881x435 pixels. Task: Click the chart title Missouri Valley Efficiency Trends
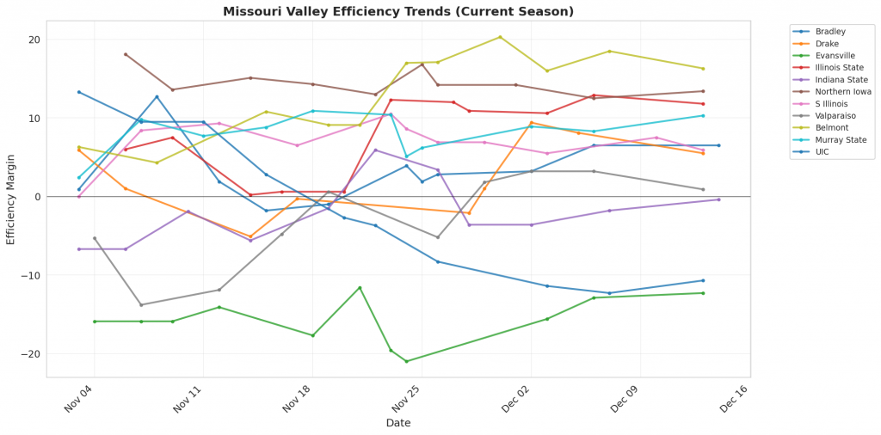[398, 11]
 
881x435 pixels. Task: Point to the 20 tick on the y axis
[34, 40]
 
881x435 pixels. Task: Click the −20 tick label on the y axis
[31, 354]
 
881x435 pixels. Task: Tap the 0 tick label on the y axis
[37, 197]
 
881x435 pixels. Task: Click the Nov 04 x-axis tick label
[80, 400]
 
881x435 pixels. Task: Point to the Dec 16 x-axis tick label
[735, 400]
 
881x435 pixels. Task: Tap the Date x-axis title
[398, 423]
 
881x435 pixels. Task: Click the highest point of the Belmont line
[500, 37]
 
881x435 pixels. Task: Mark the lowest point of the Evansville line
[407, 361]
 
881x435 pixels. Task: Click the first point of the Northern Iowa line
[126, 54]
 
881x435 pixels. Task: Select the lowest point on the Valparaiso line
[141, 304]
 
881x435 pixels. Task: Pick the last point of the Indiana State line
[718, 199]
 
